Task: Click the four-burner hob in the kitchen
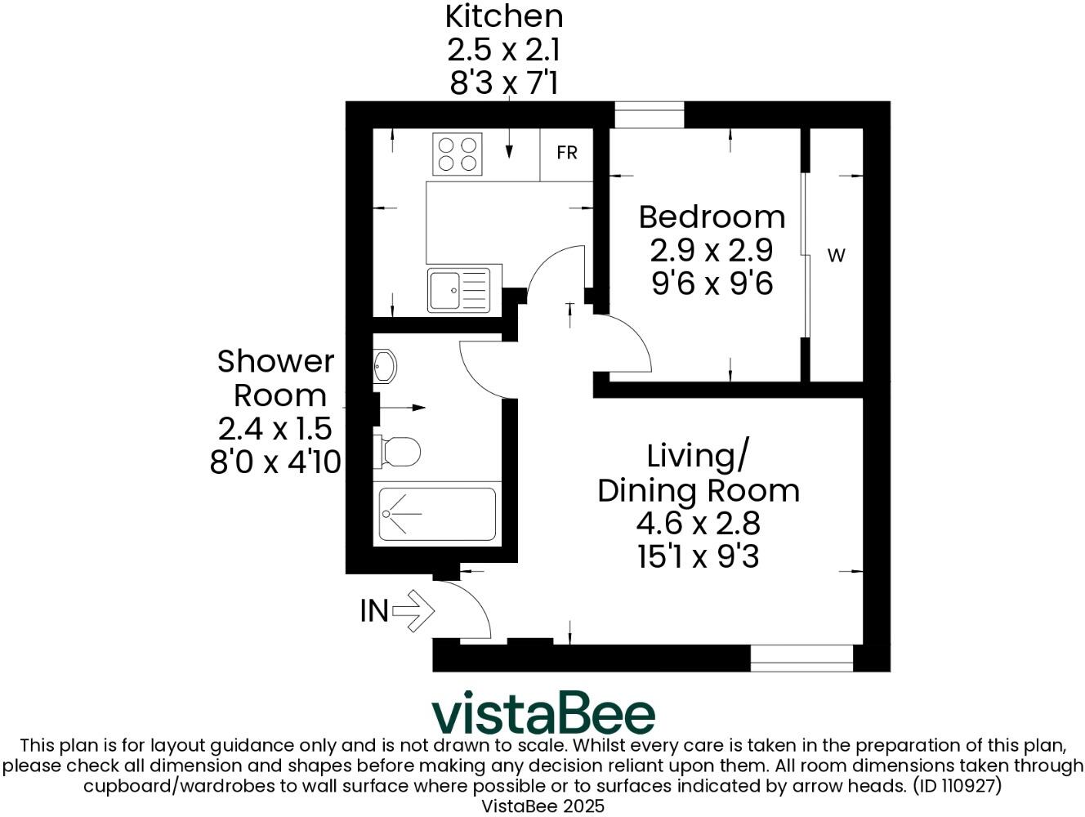pos(458,154)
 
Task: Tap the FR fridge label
pos(567,153)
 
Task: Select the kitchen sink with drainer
pos(458,289)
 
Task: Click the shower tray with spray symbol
pos(437,515)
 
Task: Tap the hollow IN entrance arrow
pos(413,610)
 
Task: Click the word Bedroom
pos(712,217)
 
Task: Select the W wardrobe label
pos(836,256)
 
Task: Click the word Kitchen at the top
pos(503,16)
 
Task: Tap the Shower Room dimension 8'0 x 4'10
pos(275,462)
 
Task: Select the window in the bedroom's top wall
pos(649,114)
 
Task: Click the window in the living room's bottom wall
pos(801,658)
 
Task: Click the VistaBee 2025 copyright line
pos(543,806)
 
